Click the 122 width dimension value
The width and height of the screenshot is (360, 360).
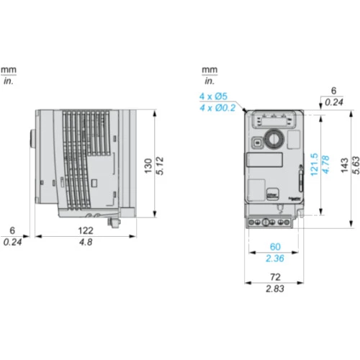[x=86, y=230]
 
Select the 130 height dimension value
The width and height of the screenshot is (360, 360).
[x=148, y=166]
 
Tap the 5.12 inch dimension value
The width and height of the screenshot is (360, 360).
[x=160, y=166]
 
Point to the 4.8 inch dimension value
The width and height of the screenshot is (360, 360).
[x=86, y=242]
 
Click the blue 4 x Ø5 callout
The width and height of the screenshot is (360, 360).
[x=213, y=96]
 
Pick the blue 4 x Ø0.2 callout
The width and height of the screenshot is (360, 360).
[x=217, y=108]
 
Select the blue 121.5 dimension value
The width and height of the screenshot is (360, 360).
[x=314, y=165]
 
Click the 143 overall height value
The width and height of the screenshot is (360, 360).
[x=344, y=166]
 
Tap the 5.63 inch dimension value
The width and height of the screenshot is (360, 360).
[x=356, y=166]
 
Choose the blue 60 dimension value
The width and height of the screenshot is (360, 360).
[x=275, y=247]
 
